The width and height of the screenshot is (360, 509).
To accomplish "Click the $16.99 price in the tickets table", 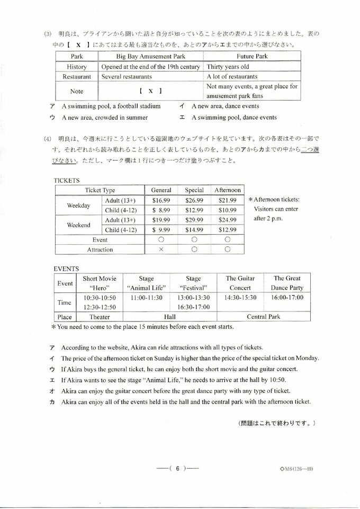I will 161,201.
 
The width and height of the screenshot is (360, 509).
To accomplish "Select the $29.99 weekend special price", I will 194,220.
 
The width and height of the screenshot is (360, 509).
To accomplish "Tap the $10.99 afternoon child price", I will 227,210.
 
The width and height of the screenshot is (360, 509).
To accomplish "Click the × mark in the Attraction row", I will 161,249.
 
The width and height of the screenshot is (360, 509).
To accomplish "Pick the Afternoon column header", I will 227,190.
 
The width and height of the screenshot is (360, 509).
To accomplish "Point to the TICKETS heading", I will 67,180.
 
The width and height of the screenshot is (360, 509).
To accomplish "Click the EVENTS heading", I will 66,269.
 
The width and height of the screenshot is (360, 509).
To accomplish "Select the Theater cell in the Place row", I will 100,317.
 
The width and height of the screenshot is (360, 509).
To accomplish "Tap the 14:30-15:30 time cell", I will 240,298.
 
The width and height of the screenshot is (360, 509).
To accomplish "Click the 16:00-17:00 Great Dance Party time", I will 287,298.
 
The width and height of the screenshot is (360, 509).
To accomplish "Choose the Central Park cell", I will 263,317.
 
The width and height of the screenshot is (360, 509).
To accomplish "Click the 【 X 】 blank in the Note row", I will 151,91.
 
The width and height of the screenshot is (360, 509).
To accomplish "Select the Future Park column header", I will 252,56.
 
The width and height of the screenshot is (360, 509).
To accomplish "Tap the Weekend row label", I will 78,225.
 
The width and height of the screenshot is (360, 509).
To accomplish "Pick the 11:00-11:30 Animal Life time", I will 146,298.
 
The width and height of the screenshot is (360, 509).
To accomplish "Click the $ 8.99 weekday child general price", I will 161,210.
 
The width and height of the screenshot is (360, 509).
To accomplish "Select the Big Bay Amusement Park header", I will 151,56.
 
